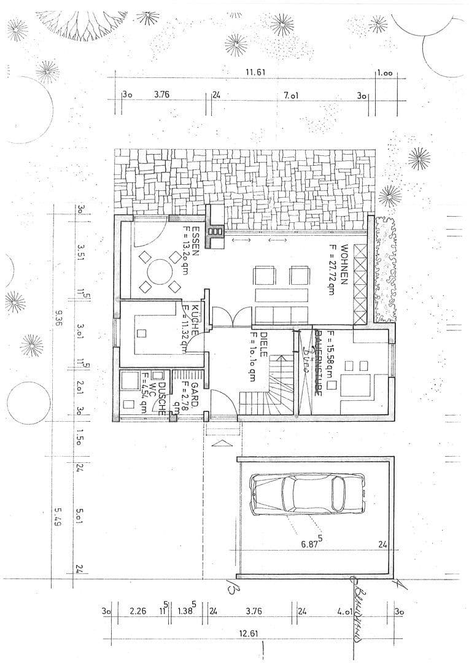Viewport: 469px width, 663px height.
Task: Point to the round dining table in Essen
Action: [x=160, y=272]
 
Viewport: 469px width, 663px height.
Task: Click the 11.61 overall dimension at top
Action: [x=255, y=72]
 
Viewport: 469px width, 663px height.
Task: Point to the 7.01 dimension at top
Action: [x=290, y=96]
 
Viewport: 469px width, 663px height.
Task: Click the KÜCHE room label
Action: [x=194, y=319]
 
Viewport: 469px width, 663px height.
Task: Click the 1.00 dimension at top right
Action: [x=384, y=72]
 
